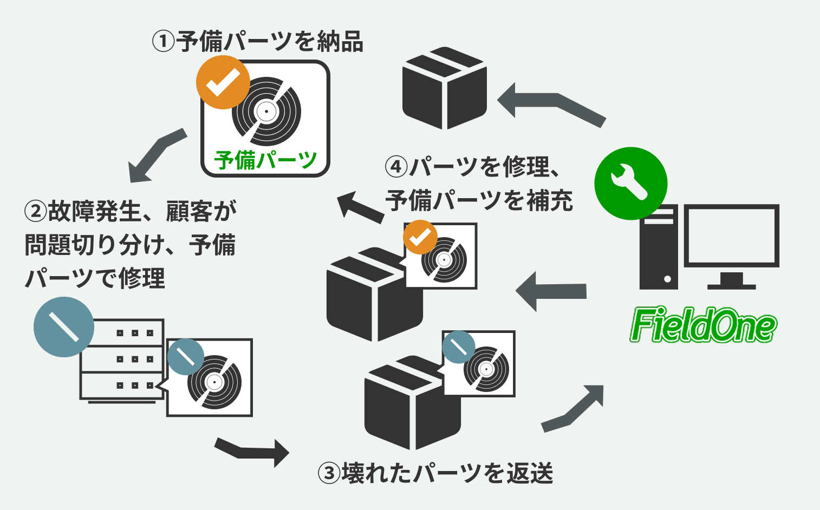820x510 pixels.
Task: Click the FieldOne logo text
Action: pos(703,325)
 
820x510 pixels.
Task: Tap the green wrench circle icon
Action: pos(630,183)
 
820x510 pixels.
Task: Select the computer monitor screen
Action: pos(731,236)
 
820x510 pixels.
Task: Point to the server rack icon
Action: pos(122,359)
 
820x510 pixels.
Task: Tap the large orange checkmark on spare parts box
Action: pos(223,82)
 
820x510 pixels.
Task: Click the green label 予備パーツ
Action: pos(265,160)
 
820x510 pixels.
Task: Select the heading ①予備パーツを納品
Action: pos(258,42)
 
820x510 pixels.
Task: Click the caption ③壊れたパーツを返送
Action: pos(435,473)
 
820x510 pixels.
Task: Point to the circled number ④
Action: pos(396,166)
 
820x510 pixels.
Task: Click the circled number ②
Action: pos(36,211)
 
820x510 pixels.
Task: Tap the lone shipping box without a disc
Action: pos(444,89)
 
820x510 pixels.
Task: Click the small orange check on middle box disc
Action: pos(420,237)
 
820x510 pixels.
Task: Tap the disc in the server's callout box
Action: pos(214,382)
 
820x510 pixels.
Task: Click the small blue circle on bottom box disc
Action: pos(458,347)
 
